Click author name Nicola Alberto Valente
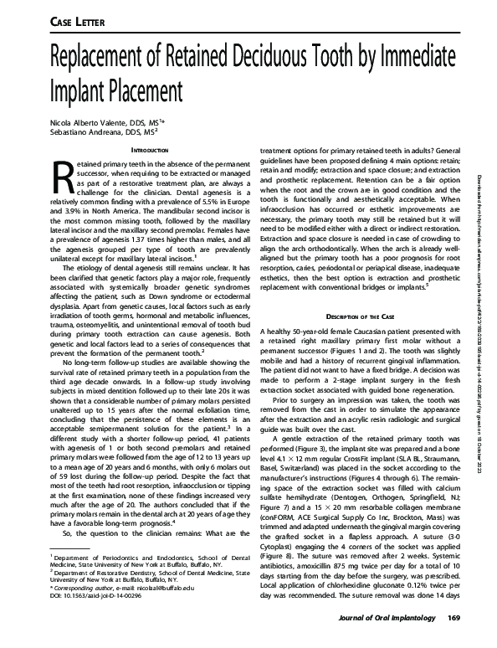83,122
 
